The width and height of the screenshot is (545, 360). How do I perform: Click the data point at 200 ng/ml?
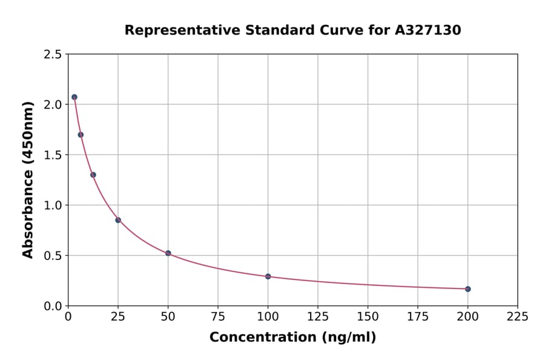point(467,289)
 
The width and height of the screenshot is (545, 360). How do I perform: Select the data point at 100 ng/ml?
point(268,276)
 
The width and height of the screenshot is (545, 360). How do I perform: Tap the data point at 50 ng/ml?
point(168,253)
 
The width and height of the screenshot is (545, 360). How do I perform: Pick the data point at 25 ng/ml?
point(118,220)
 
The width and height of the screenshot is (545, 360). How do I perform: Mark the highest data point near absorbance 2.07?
point(74,97)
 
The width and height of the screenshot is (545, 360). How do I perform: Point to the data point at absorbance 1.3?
point(93,175)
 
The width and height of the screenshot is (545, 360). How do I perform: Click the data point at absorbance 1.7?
point(81,135)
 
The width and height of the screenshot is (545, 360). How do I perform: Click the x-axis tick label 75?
point(218,316)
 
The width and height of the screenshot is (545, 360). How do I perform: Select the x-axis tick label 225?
point(517,316)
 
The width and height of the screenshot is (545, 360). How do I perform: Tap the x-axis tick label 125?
point(318,316)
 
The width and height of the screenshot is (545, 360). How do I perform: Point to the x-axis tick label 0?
point(68,316)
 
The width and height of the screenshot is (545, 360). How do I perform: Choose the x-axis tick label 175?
point(417,316)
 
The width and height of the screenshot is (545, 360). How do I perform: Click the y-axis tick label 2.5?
point(52,55)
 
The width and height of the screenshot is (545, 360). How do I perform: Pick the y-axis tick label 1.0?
point(52,205)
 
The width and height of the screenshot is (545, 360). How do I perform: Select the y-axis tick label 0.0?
point(52,306)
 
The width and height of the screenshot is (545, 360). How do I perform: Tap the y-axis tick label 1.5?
point(52,155)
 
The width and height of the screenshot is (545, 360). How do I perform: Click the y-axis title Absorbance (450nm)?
point(28,179)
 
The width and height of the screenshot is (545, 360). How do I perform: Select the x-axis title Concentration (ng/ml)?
point(292,338)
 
